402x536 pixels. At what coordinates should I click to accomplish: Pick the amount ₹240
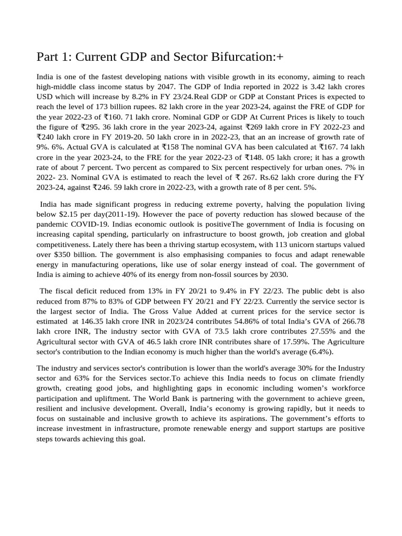click(x=46, y=137)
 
